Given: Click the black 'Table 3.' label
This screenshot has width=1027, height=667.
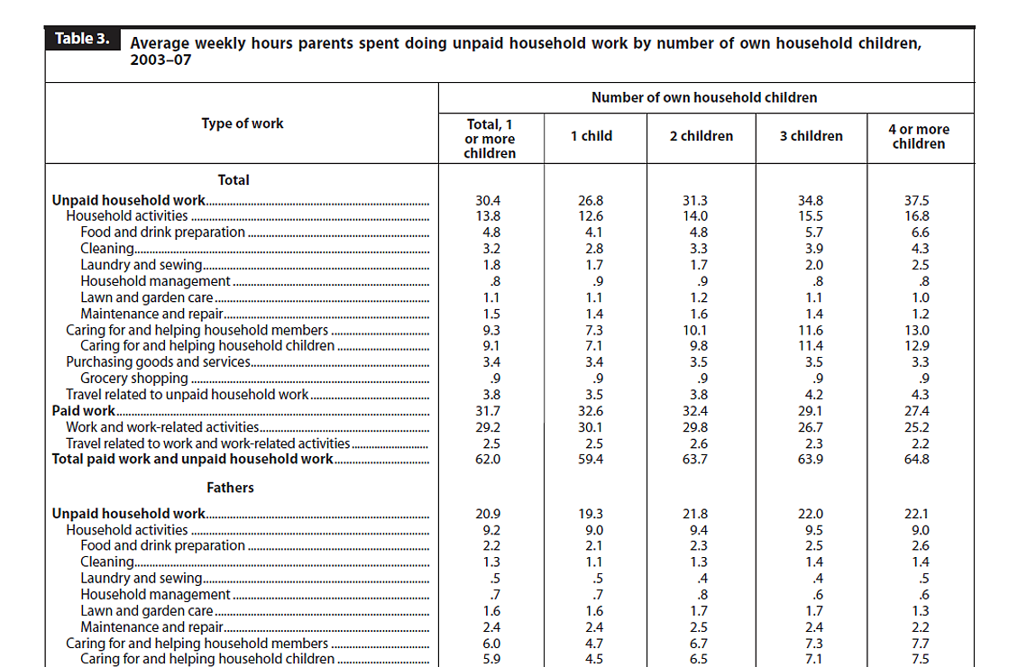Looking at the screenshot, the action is [83, 39].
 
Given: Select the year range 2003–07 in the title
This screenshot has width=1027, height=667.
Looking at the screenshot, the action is [160, 60].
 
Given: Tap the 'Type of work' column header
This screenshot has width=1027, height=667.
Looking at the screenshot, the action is [243, 123].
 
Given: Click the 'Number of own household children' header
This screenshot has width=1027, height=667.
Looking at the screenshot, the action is [704, 97].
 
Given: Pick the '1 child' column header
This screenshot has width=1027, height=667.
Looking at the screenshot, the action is [591, 136].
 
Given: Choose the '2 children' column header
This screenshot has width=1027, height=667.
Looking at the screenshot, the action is [701, 136].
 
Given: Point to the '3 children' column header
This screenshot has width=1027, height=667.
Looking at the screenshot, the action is [811, 136].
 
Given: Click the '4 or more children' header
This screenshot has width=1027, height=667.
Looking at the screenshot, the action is [919, 137].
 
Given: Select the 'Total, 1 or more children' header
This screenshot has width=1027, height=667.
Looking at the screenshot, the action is [490, 139].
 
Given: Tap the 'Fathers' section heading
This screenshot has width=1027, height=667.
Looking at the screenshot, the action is [230, 488].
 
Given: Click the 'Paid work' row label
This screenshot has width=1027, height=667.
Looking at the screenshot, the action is [84, 411].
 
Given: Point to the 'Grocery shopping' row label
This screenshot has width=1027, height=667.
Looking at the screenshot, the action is [134, 379].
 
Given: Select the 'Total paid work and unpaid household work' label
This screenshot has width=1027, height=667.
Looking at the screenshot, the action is [193, 459].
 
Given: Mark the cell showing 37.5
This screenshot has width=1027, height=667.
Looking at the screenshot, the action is [917, 200].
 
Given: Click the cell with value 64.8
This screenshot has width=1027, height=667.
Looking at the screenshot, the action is [917, 459].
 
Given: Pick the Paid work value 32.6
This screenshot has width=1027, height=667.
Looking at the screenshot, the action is [591, 411].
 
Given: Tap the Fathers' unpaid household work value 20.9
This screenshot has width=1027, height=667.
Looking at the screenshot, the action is [488, 514].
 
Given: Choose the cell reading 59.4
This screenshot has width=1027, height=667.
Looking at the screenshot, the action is [591, 459].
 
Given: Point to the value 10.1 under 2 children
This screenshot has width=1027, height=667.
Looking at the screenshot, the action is [695, 331].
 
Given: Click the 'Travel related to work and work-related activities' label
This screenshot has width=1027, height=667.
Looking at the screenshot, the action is [208, 443].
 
